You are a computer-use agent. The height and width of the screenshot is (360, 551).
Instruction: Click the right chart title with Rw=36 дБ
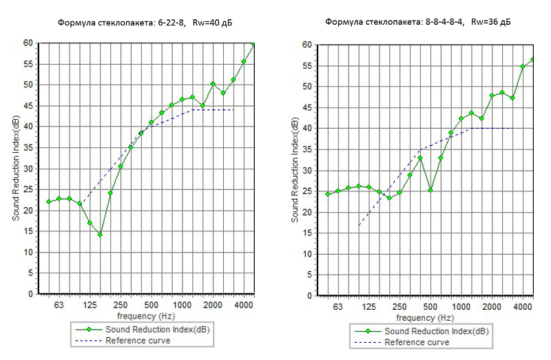[x=418, y=22]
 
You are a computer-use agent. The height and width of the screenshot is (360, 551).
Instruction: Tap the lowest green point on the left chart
[x=100, y=235]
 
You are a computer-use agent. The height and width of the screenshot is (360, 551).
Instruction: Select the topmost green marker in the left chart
[x=253, y=45]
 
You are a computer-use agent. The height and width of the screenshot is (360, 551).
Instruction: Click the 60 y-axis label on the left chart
[x=28, y=43]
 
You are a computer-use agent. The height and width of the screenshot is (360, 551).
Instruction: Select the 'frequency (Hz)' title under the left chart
[x=146, y=316]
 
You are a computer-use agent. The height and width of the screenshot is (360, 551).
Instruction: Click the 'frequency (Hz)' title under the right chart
[x=425, y=318]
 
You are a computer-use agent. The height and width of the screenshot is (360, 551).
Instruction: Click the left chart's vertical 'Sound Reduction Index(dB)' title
[x=15, y=168]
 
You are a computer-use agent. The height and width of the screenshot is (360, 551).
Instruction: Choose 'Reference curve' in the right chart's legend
[x=414, y=342]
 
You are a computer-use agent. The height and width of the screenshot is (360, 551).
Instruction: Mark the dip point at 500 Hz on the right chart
[x=430, y=190]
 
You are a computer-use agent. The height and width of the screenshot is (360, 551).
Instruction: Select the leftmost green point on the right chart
[x=328, y=194]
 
